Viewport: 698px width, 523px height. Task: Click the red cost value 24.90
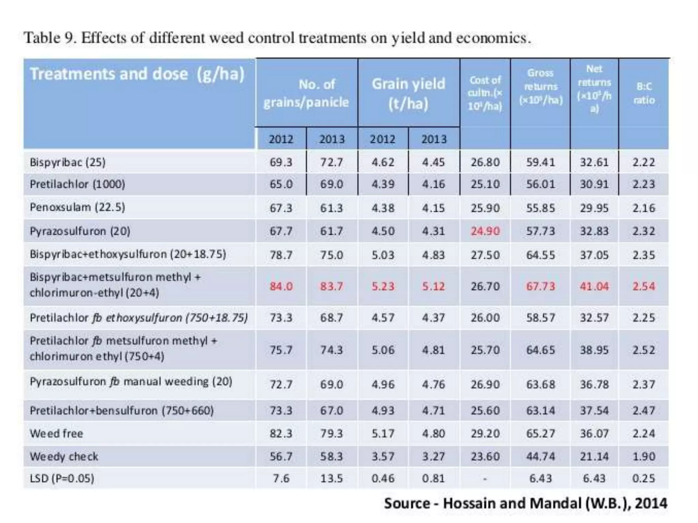pyautogui.click(x=485, y=231)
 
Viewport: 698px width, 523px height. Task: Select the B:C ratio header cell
pyautogui.click(x=644, y=93)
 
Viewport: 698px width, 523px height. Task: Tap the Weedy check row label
pyautogui.click(x=64, y=456)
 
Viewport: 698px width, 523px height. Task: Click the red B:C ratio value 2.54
pyautogui.click(x=643, y=286)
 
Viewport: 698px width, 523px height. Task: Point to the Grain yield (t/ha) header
pyautogui.click(x=408, y=94)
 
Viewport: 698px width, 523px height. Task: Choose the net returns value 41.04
pyautogui.click(x=594, y=286)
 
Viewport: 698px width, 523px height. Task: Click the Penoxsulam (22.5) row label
pyautogui.click(x=77, y=207)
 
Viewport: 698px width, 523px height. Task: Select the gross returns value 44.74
pyautogui.click(x=541, y=456)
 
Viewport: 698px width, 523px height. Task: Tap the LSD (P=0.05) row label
pyautogui.click(x=62, y=478)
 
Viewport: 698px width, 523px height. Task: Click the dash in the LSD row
pyautogui.click(x=485, y=479)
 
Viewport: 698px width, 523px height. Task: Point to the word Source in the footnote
pyautogui.click(x=407, y=503)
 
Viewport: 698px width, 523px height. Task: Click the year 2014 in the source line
pyautogui.click(x=651, y=503)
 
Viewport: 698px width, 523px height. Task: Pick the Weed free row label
pyautogui.click(x=56, y=433)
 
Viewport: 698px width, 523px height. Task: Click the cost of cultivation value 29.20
pyautogui.click(x=485, y=433)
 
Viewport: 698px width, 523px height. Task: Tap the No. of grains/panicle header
pyautogui.click(x=306, y=93)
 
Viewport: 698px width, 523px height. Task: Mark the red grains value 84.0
pyautogui.click(x=281, y=286)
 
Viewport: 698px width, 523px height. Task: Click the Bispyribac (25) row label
pyautogui.click(x=67, y=162)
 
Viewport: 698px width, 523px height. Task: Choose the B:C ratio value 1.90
pyautogui.click(x=643, y=456)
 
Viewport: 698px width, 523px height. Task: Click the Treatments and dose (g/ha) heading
pyautogui.click(x=137, y=74)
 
